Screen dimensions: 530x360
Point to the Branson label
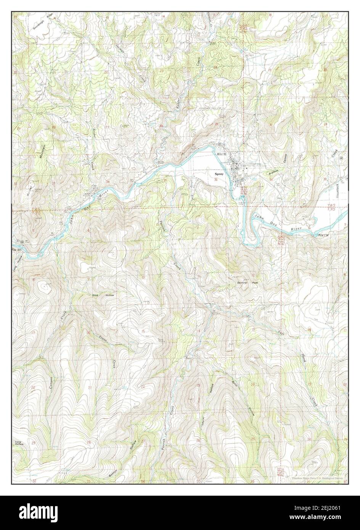pyautogui.click(x=274, y=172)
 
